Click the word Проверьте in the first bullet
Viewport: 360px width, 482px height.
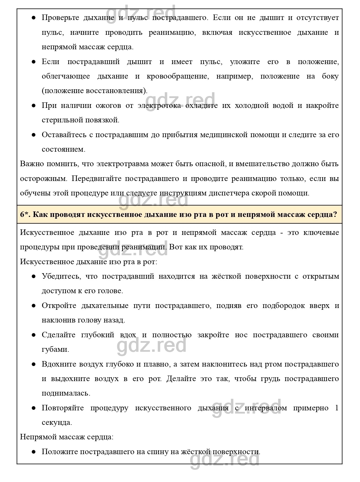tap(59, 18)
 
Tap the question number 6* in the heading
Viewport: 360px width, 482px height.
tap(25, 215)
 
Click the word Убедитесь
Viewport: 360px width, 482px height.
tap(61, 276)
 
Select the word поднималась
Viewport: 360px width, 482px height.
tap(66, 394)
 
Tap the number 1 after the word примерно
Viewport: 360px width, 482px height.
tap(337, 408)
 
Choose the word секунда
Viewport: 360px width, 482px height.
tap(57, 423)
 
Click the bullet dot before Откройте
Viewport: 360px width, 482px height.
tap(34, 306)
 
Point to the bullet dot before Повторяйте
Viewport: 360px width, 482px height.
tap(34, 408)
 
